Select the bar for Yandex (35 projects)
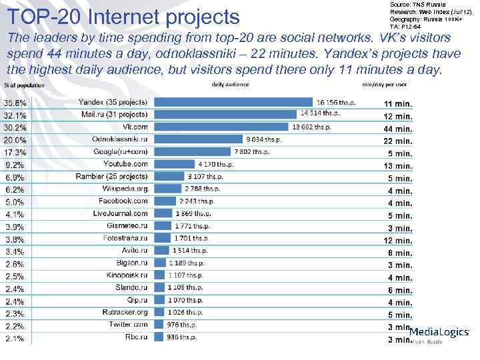(x=234, y=102)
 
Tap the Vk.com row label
(x=135, y=127)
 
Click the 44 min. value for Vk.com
(x=398, y=129)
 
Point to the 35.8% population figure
(x=16, y=103)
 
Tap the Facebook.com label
(x=123, y=201)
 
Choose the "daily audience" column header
(x=230, y=85)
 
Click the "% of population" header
(x=19, y=85)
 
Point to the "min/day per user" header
(x=385, y=85)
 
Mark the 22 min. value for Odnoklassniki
(x=398, y=141)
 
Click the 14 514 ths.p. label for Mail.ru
(x=320, y=113)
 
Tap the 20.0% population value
(x=16, y=140)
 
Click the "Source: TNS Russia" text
(x=408, y=5)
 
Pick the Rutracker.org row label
(x=125, y=312)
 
